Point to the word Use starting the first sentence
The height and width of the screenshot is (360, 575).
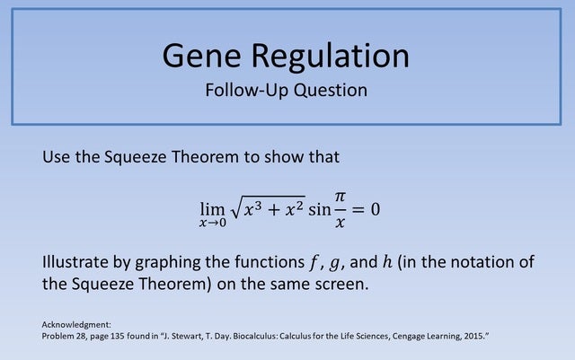57,157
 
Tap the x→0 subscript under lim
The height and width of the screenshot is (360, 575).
213,223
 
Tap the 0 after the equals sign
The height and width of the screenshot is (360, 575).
376,208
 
